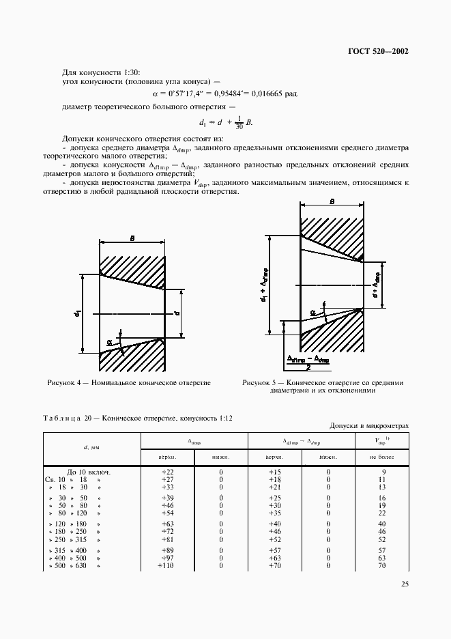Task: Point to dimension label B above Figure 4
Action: [x=132, y=238]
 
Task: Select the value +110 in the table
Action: [x=166, y=566]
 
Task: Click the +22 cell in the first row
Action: [x=167, y=472]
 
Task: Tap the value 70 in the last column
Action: [x=382, y=566]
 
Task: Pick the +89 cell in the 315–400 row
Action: [x=167, y=550]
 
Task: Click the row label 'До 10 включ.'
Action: [x=89, y=472]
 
